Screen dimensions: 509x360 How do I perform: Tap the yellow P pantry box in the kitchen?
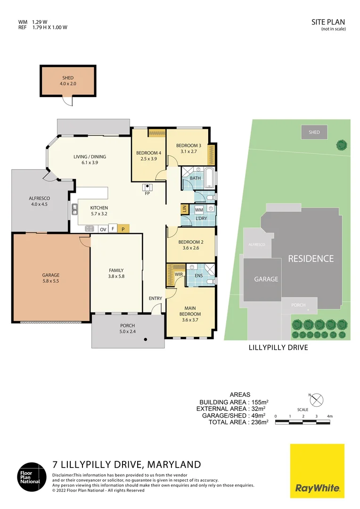[x=123, y=229]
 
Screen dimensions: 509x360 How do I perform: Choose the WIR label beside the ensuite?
[x=179, y=274]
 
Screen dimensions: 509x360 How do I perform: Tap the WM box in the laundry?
[x=199, y=209]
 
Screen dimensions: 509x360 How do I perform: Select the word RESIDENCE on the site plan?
[x=311, y=258]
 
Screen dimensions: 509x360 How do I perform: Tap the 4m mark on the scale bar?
[x=330, y=416]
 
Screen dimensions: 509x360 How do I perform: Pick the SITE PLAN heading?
[x=328, y=22]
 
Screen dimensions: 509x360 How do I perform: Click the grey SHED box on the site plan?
[x=314, y=132]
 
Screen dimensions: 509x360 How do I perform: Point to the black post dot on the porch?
[x=147, y=339]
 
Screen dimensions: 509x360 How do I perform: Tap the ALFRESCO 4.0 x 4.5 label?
[x=40, y=201]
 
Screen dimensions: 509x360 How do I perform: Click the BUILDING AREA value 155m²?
[x=258, y=402]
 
